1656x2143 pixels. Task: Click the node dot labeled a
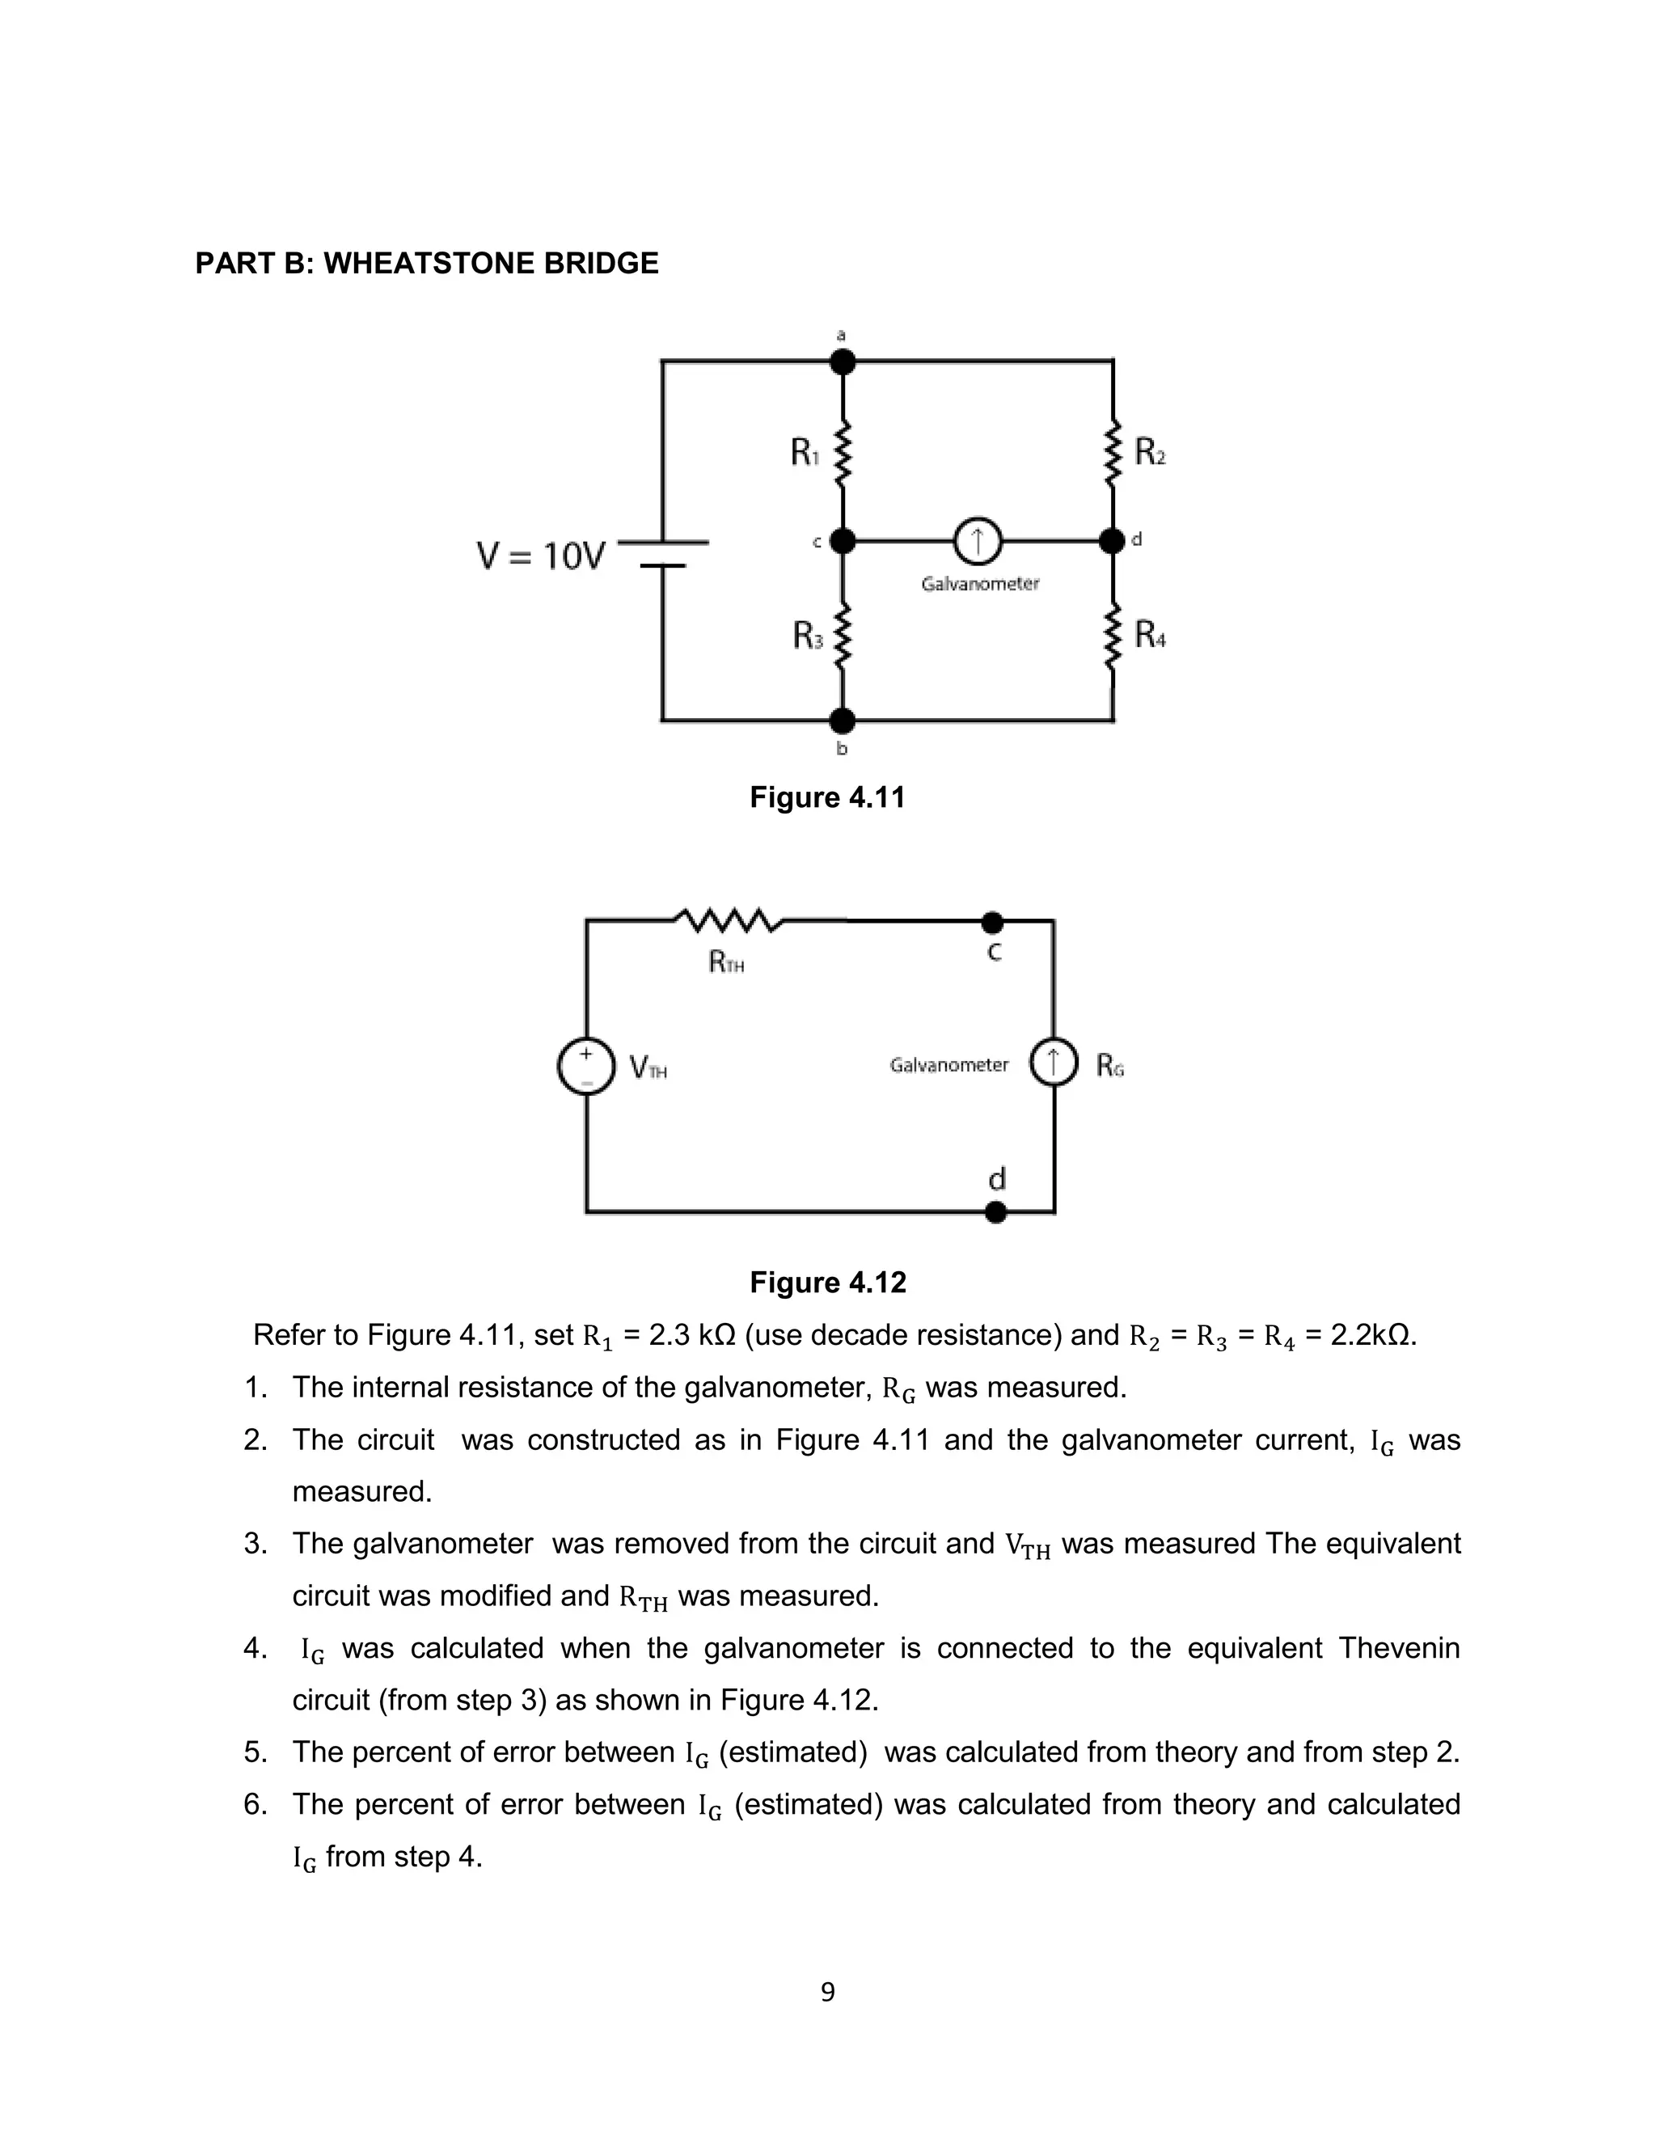(x=842, y=362)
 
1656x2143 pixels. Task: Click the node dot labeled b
(x=842, y=721)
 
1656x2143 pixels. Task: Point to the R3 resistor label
(x=808, y=636)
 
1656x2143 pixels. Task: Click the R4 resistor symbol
(x=1113, y=636)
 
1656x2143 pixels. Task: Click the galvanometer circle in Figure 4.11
(x=977, y=541)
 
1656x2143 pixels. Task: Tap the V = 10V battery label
(x=541, y=556)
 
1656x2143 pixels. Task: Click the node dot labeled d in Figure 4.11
(x=1112, y=541)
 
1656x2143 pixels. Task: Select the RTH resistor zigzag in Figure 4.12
(x=729, y=920)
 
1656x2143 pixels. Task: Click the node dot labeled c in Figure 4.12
(x=993, y=923)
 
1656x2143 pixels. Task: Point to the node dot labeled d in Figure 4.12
(x=995, y=1213)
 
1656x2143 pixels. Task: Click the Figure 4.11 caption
(x=827, y=797)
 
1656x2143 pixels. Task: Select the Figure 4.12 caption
(x=827, y=1283)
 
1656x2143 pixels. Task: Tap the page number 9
(x=827, y=1992)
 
